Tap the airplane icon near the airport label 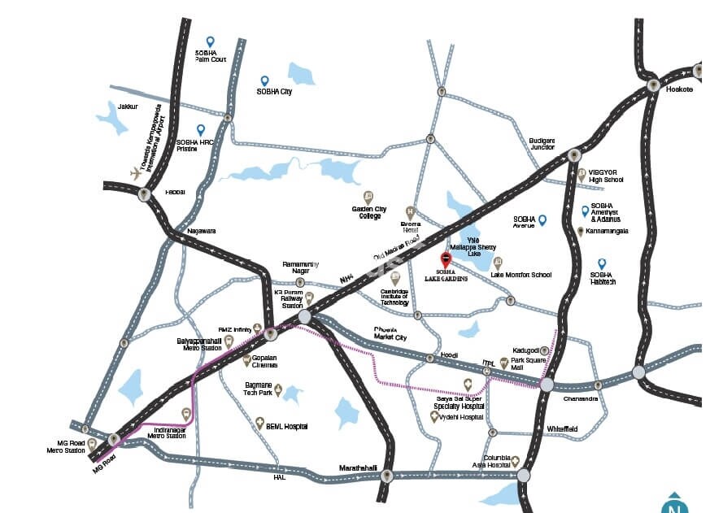tap(136, 172)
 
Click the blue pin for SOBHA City tap(264, 80)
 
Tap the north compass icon tap(673, 504)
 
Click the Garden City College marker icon tap(368, 196)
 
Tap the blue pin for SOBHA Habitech tap(602, 263)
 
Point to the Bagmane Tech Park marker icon tap(277, 389)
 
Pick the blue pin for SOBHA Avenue tap(542, 220)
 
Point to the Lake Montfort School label tap(521, 275)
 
